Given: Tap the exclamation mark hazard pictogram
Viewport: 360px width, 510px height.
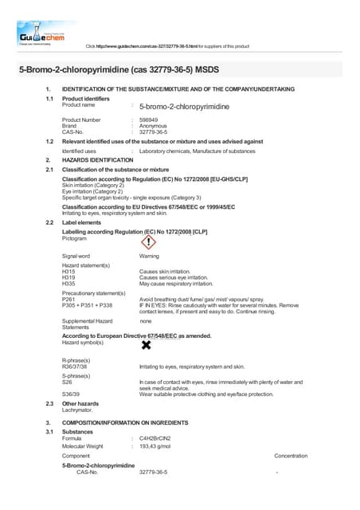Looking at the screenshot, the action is [148, 241].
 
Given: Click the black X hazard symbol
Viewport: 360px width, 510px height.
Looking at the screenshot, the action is [146, 344].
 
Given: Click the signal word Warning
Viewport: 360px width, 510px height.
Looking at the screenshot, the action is [149, 256].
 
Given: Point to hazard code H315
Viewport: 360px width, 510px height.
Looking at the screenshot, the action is [68, 271].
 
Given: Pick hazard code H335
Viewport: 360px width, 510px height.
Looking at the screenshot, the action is [68, 284].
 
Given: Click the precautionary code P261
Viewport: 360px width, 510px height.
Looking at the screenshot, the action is [68, 299].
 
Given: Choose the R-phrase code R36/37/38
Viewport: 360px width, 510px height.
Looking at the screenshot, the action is [75, 367].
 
